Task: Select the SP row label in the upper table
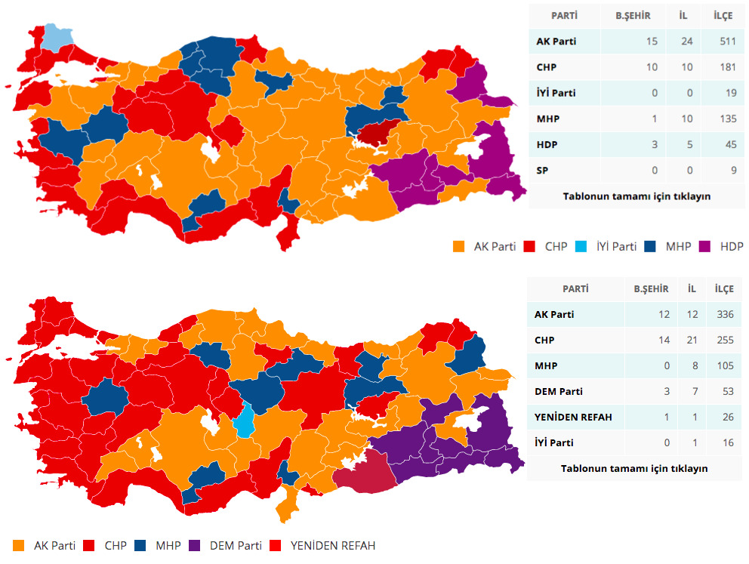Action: click(x=542, y=171)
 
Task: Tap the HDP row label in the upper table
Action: click(x=547, y=144)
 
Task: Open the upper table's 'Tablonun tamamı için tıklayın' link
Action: click(x=636, y=196)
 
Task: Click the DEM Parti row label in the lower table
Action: click(x=558, y=391)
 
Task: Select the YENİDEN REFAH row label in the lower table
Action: click(x=572, y=417)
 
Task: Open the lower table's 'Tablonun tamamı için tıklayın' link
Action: click(x=634, y=468)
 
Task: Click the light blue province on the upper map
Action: click(x=58, y=36)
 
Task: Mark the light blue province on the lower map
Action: click(x=244, y=421)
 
